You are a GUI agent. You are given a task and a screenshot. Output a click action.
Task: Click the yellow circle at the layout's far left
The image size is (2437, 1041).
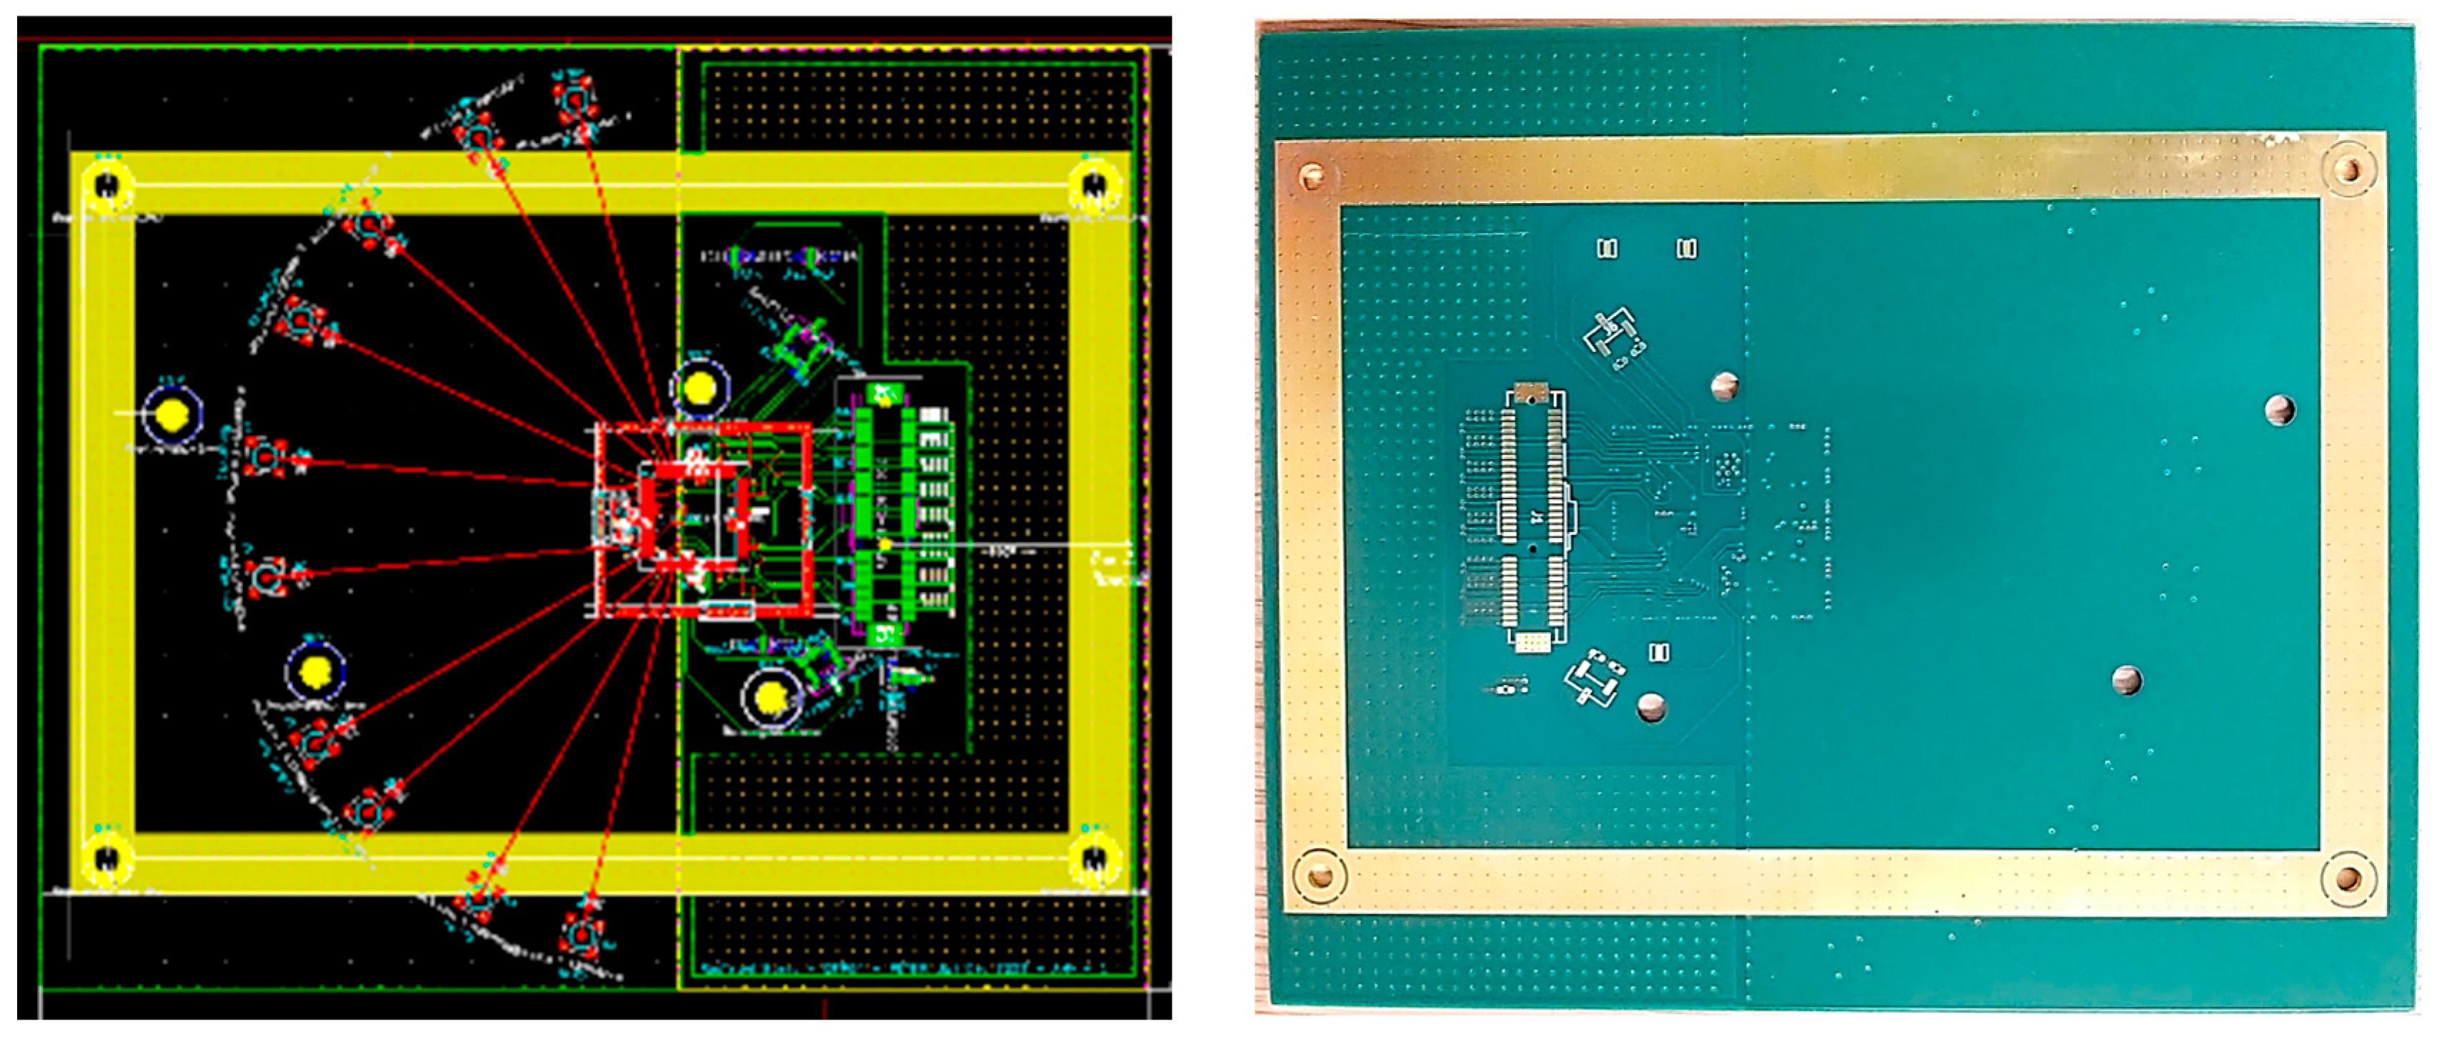click(x=172, y=415)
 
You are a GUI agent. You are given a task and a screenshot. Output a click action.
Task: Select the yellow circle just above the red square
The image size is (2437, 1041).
click(x=700, y=388)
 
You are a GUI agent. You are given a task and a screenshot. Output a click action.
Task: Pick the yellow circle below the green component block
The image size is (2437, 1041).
click(x=772, y=699)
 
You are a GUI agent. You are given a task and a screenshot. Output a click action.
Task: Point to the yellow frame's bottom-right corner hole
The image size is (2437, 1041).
click(x=1095, y=859)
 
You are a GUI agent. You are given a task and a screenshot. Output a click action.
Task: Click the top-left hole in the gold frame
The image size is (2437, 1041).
click(x=1312, y=175)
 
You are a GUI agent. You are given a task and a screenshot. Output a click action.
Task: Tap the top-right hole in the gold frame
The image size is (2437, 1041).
click(x=2348, y=170)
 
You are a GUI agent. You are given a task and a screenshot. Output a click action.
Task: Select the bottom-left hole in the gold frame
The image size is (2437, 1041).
click(x=1320, y=877)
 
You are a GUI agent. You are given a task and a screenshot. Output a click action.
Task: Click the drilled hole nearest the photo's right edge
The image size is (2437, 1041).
click(x=2280, y=410)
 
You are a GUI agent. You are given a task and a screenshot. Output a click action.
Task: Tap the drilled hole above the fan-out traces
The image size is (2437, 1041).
click(x=1725, y=386)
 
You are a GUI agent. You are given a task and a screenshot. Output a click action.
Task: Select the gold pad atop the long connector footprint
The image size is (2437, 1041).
click(x=1530, y=391)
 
